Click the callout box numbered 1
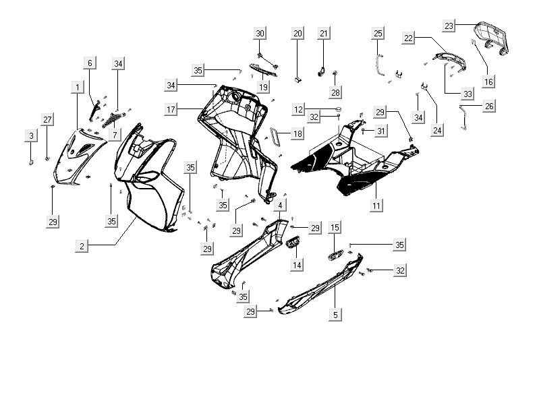pos(78,87)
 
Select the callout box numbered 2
pos(82,247)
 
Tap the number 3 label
pos(31,136)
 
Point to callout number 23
pos(449,26)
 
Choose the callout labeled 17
pos(171,108)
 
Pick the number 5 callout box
pos(335,313)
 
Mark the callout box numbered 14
pos(297,265)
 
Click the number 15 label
pos(335,228)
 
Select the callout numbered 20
pos(298,34)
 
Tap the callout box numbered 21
pos(324,34)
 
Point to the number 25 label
pos(378,34)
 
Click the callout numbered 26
pos(489,106)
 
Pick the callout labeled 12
pos(298,108)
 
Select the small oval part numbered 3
pos(31,163)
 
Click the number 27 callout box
pos(47,120)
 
